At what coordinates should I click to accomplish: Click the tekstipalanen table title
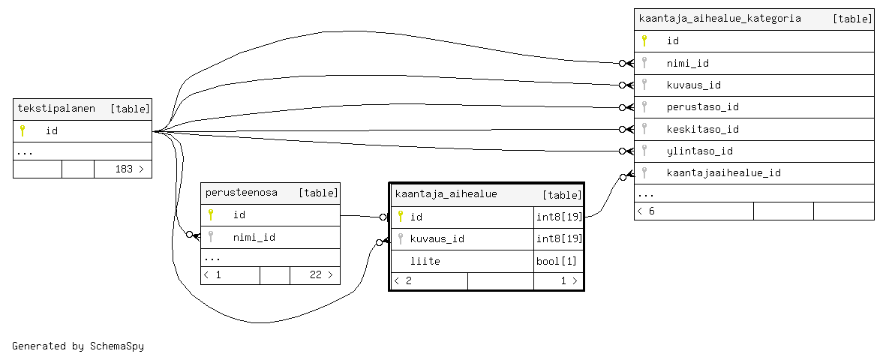(x=56, y=109)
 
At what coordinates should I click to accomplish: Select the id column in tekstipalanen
(x=52, y=131)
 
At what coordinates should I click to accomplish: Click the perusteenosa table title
(x=242, y=193)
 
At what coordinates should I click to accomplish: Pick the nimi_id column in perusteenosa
(x=254, y=238)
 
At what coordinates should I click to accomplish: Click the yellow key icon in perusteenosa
(x=211, y=215)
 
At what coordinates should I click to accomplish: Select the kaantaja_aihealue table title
(x=446, y=194)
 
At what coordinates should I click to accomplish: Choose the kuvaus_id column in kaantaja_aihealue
(x=437, y=239)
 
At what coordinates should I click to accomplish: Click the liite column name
(x=425, y=261)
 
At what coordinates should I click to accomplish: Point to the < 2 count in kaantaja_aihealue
(x=404, y=281)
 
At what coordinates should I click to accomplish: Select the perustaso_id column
(x=702, y=107)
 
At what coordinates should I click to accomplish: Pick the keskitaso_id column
(x=702, y=129)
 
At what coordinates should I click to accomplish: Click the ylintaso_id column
(x=699, y=151)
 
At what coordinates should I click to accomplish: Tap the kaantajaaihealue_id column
(x=723, y=172)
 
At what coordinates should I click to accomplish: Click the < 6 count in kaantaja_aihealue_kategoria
(x=646, y=211)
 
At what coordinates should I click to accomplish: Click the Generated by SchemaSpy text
(x=78, y=346)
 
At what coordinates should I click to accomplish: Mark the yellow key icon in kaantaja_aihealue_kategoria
(x=644, y=40)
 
